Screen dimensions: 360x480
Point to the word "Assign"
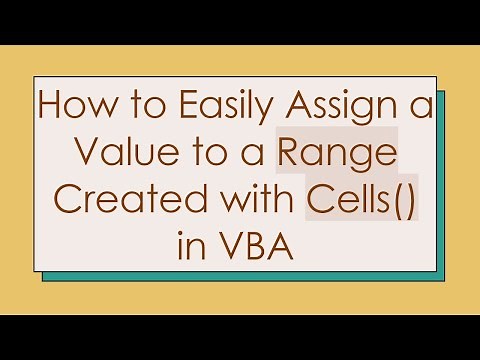click(345, 110)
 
